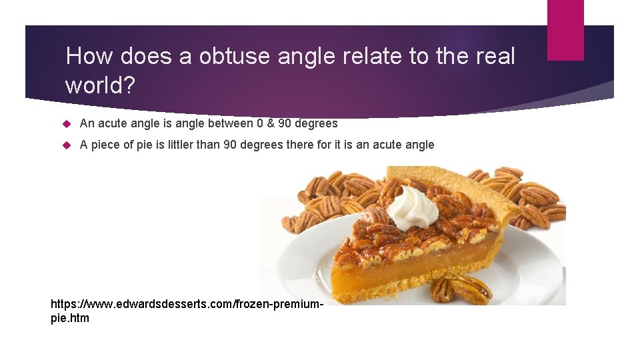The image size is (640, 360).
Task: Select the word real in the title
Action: tap(493, 57)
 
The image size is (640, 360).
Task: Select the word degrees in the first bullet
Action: tap(315, 123)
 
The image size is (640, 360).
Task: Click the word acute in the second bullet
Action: tap(391, 145)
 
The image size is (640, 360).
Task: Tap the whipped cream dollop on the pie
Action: tap(414, 207)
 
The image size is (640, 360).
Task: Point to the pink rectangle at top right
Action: tap(565, 30)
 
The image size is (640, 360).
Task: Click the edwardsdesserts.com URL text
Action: tap(187, 304)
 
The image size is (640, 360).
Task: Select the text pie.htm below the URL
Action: tap(70, 318)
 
